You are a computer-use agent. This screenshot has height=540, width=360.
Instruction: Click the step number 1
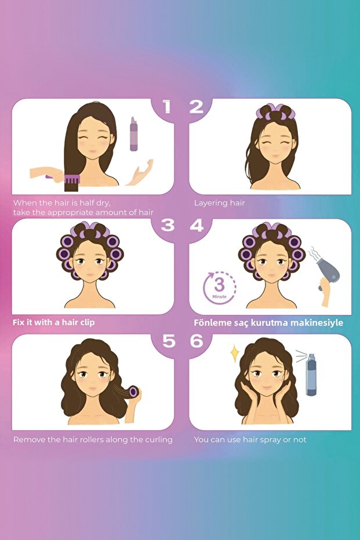tap(167, 106)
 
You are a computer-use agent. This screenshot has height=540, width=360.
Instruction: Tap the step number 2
tap(196, 106)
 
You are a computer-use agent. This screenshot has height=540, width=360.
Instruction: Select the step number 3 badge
tap(168, 225)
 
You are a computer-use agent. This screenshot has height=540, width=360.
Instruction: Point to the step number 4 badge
tap(197, 225)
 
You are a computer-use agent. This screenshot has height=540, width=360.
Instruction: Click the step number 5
tap(169, 340)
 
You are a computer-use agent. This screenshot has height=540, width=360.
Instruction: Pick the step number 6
tap(197, 340)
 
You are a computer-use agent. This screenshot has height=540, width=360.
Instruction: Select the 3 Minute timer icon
tap(219, 288)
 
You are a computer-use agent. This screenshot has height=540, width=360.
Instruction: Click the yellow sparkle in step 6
tap(235, 353)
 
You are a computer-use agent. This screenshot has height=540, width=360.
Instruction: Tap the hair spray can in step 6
tap(311, 374)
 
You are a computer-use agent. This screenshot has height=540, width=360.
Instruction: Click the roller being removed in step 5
tap(133, 392)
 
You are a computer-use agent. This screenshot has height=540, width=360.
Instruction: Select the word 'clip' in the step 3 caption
tap(88, 322)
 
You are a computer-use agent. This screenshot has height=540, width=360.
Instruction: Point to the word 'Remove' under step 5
tap(26, 440)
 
